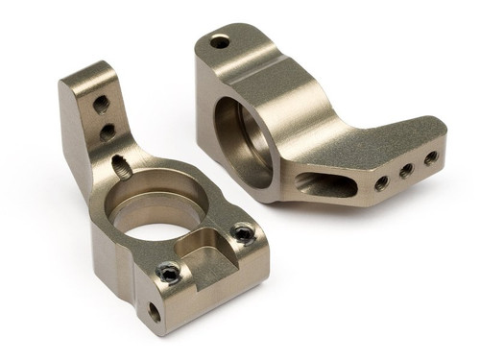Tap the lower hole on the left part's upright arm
pos(108,131)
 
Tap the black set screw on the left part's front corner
pos(171,274)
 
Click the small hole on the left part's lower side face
pos(154,312)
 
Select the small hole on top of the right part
pos(220,41)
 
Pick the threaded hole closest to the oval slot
pos(381,181)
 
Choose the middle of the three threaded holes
pos(407,170)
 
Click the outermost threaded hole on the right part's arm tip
pos(430,157)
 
